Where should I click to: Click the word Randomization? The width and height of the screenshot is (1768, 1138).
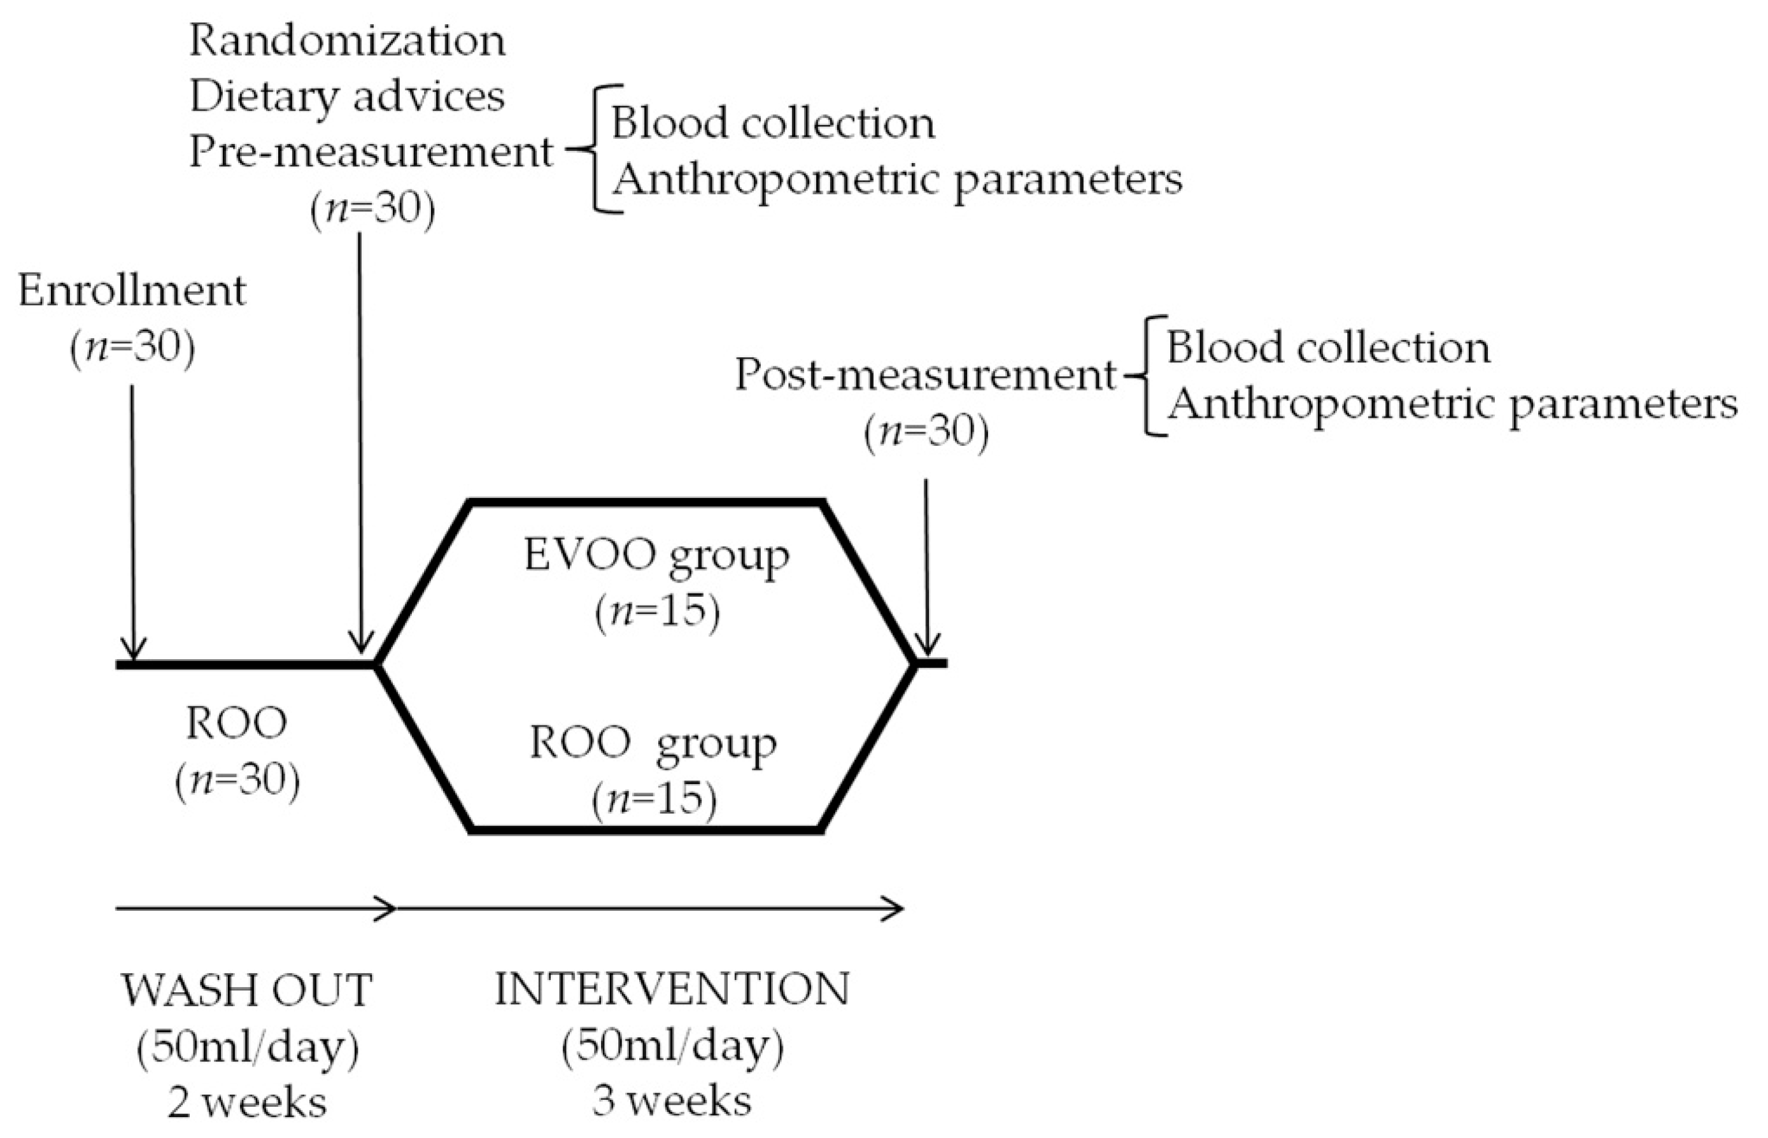[347, 41]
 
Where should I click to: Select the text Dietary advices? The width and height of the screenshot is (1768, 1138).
[347, 97]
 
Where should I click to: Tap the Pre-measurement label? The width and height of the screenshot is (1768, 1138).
[371, 152]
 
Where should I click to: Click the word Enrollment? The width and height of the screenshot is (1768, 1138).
[132, 291]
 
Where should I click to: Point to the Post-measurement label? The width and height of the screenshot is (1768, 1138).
[925, 375]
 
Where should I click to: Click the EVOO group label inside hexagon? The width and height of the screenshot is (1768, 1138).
[656, 557]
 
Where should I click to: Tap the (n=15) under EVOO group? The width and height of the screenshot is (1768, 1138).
[656, 612]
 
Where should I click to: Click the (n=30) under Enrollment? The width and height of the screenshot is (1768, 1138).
[133, 346]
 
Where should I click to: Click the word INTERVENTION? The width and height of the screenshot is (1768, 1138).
[672, 990]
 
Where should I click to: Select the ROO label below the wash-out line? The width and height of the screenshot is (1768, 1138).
[236, 723]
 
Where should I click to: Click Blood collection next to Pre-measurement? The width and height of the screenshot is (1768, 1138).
[773, 123]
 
